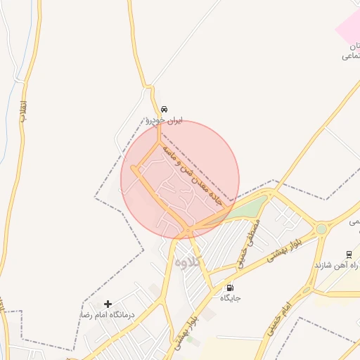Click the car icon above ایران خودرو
tap(164, 110)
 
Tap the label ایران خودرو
tap(164, 121)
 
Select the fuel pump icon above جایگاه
tap(230, 288)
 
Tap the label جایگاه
tap(231, 298)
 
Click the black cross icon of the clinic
tap(108, 304)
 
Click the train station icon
tap(349, 255)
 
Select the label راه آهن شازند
tap(337, 266)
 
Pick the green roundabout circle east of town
tap(321, 229)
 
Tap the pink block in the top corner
tap(348, 25)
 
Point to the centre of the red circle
tap(180, 180)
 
